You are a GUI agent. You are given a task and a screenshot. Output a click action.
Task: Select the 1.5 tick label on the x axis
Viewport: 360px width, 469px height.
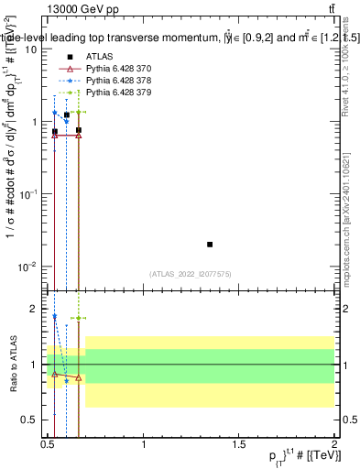(238, 450)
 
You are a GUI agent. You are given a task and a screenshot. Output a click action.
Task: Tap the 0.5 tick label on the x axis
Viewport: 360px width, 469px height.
(48, 450)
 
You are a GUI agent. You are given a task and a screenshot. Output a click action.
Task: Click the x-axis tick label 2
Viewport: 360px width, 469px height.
(333, 450)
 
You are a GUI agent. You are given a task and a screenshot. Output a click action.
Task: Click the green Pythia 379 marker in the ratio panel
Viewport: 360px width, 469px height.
(79, 318)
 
